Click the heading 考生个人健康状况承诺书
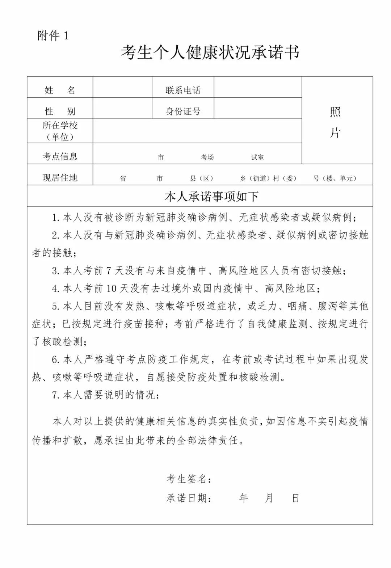click(210, 53)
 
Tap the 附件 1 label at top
click(53, 36)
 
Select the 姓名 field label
click(60, 90)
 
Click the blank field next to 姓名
click(122, 87)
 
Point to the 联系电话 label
click(183, 90)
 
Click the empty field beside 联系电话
click(258, 87)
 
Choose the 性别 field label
click(60, 111)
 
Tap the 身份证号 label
click(183, 111)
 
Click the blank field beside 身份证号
click(258, 108)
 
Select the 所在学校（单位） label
click(60, 131)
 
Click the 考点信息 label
click(60, 156)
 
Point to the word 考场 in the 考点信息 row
click(207, 157)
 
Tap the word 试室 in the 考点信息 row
click(257, 157)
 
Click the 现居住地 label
click(60, 177)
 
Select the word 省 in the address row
click(123, 178)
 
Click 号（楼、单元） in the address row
click(335, 178)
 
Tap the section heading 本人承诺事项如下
click(211, 197)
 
